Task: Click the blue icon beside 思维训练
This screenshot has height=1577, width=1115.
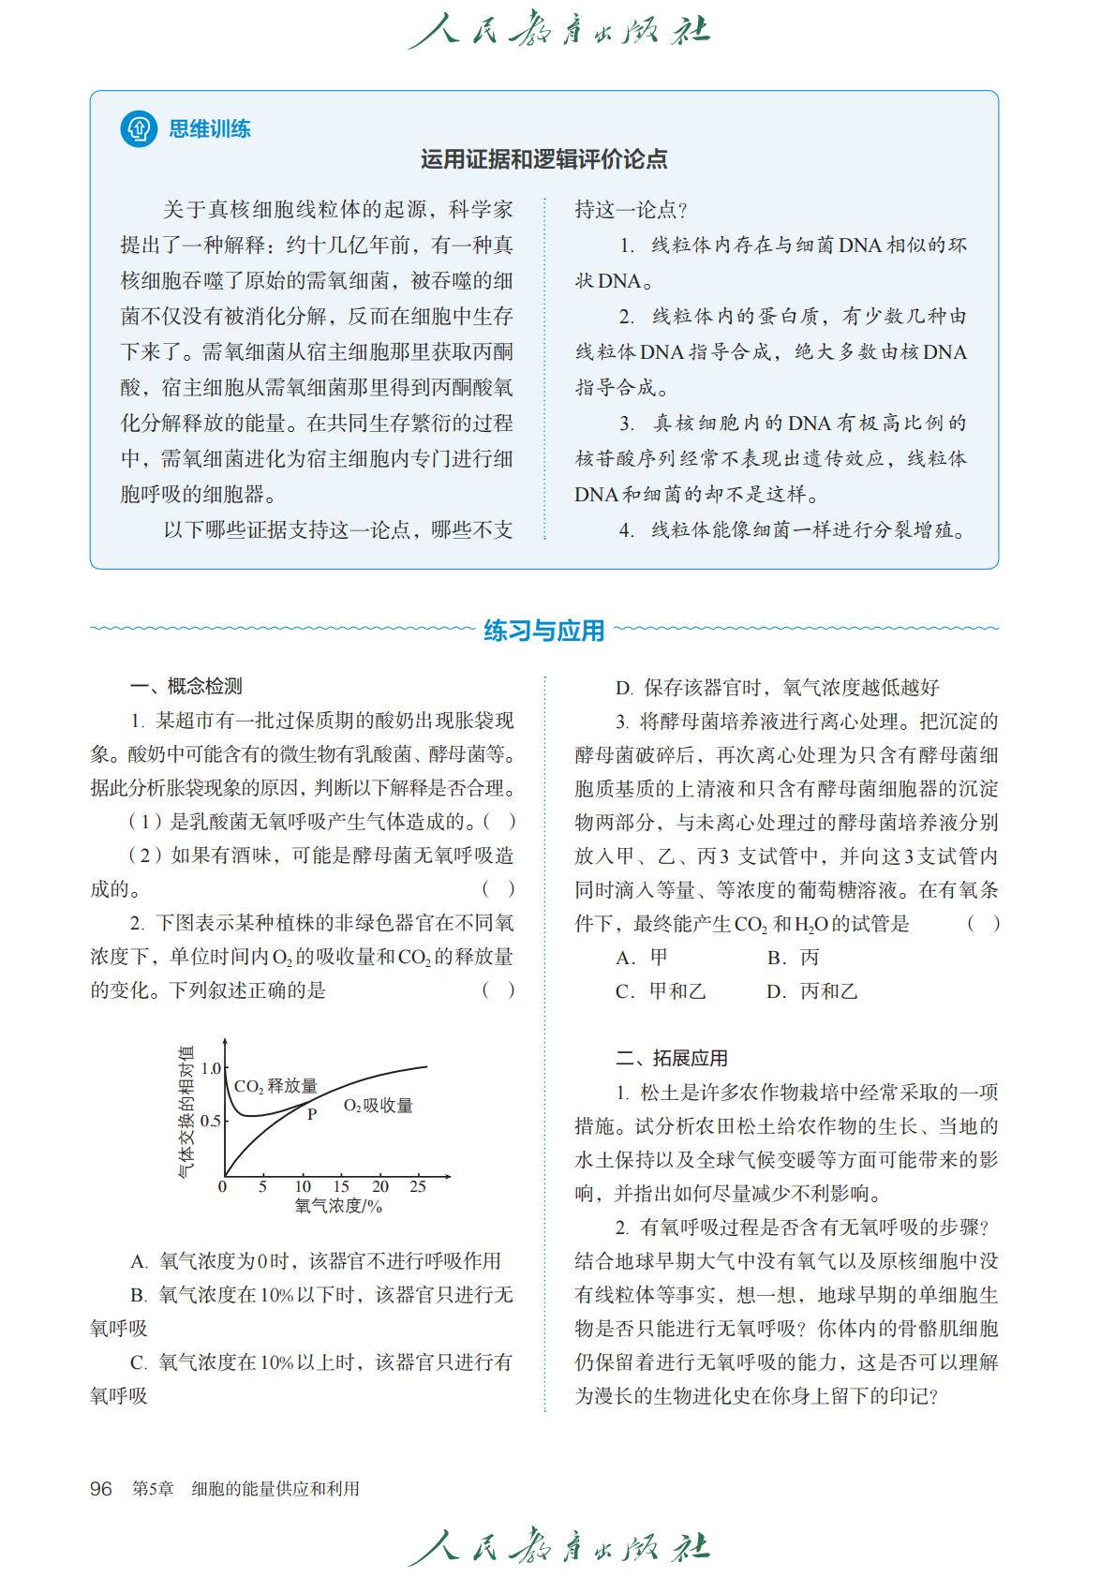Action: [x=139, y=128]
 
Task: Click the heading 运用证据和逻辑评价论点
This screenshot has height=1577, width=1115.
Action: [x=543, y=159]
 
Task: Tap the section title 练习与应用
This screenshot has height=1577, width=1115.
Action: [x=543, y=631]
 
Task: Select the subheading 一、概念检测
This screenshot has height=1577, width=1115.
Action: [x=186, y=686]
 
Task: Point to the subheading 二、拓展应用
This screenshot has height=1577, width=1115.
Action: [x=671, y=1058]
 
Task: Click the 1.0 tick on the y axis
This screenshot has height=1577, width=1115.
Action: [x=211, y=1068]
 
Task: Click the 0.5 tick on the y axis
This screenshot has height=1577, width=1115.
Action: [x=211, y=1121]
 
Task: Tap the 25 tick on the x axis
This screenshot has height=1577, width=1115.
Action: [x=418, y=1186]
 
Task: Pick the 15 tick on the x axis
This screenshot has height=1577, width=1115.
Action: [x=341, y=1186]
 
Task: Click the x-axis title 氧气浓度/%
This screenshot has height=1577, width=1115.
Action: [x=338, y=1206]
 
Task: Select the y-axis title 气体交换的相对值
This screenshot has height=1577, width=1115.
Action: [x=186, y=1109]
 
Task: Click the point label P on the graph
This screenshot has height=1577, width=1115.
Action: [x=312, y=1114]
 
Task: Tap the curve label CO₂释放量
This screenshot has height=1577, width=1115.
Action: [x=275, y=1086]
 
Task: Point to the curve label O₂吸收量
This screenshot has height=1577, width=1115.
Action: [x=378, y=1106]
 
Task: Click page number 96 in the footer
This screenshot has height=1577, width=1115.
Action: [x=100, y=1489]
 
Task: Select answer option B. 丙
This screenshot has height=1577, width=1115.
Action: [x=793, y=957]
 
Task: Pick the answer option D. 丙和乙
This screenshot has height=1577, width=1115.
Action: [x=811, y=990]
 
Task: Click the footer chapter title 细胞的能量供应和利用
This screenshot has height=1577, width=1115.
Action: [x=275, y=1489]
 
